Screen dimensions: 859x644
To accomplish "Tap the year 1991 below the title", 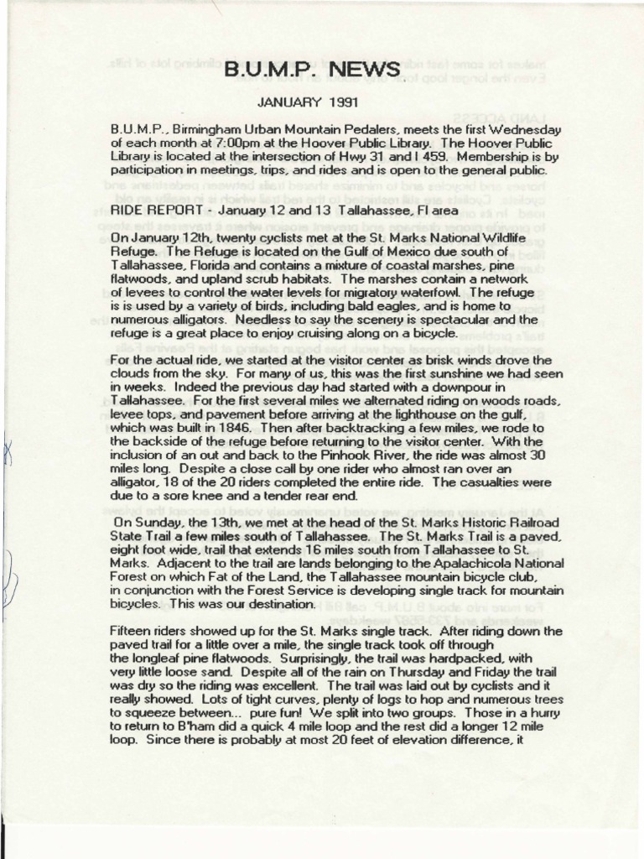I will tap(341, 105).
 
